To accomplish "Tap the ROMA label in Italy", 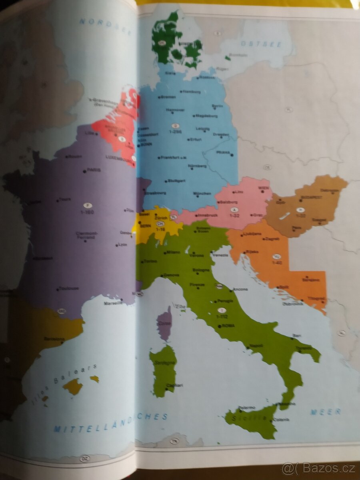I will [229, 326].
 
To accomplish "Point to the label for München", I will [202, 194].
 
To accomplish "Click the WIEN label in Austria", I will [263, 188].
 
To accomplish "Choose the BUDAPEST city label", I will [312, 198].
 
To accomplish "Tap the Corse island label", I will [164, 323].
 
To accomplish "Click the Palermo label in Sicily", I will [247, 408].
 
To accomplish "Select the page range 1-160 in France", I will [87, 212].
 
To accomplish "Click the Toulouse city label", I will [68, 288].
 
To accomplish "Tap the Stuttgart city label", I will [176, 181].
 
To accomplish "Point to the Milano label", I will [173, 252].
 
